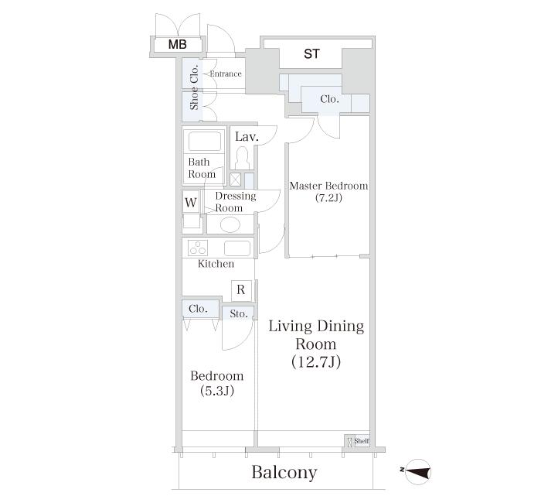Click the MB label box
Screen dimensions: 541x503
pyautogui.click(x=177, y=45)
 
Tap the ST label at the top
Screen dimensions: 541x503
pyautogui.click(x=311, y=54)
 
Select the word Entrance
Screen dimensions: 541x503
pyautogui.click(x=226, y=74)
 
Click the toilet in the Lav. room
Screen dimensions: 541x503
pyautogui.click(x=243, y=158)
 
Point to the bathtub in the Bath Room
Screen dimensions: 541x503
pyautogui.click(x=204, y=142)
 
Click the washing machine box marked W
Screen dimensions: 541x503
pyautogui.click(x=191, y=202)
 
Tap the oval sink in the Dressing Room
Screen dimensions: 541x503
pyautogui.click(x=230, y=225)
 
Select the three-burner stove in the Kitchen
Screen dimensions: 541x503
pyautogui.click(x=198, y=248)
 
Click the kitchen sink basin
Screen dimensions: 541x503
pyautogui.click(x=237, y=248)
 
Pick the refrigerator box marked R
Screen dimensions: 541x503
pyautogui.click(x=241, y=290)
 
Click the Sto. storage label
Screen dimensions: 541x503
pyautogui.click(x=238, y=314)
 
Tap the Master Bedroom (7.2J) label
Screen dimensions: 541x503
pyautogui.click(x=328, y=192)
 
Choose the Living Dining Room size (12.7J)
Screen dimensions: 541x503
pyautogui.click(x=316, y=361)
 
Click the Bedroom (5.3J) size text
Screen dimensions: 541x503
pyautogui.click(x=217, y=391)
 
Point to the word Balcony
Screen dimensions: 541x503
pyautogui.click(x=284, y=472)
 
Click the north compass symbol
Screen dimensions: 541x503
pyautogui.click(x=418, y=470)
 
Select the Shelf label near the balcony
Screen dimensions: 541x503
pyautogui.click(x=362, y=441)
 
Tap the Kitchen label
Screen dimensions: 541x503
pyautogui.click(x=216, y=264)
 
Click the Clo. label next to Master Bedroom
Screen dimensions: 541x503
pyautogui.click(x=329, y=99)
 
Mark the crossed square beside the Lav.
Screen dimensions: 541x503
pyautogui.click(x=235, y=180)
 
